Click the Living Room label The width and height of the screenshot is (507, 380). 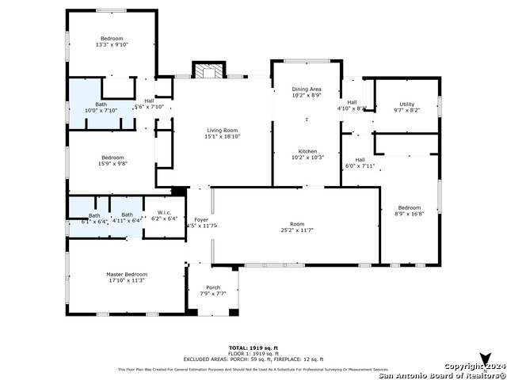222,130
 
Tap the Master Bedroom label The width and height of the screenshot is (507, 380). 127,275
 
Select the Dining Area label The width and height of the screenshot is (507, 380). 307,90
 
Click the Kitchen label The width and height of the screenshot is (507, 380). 307,151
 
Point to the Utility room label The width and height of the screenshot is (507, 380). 406,104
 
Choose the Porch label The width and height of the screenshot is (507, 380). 212,287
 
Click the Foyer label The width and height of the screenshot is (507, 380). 201,220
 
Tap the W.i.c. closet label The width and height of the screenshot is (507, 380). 165,212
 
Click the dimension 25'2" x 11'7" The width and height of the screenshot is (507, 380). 297,230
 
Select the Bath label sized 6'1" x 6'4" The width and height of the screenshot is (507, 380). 94,215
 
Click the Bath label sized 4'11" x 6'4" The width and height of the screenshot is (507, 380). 127,215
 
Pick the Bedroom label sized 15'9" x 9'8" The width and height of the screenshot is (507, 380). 112,158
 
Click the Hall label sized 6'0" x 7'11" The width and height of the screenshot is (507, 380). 359,160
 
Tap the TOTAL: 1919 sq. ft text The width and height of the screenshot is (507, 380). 253,348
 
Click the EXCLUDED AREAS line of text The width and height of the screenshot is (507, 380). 253,359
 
